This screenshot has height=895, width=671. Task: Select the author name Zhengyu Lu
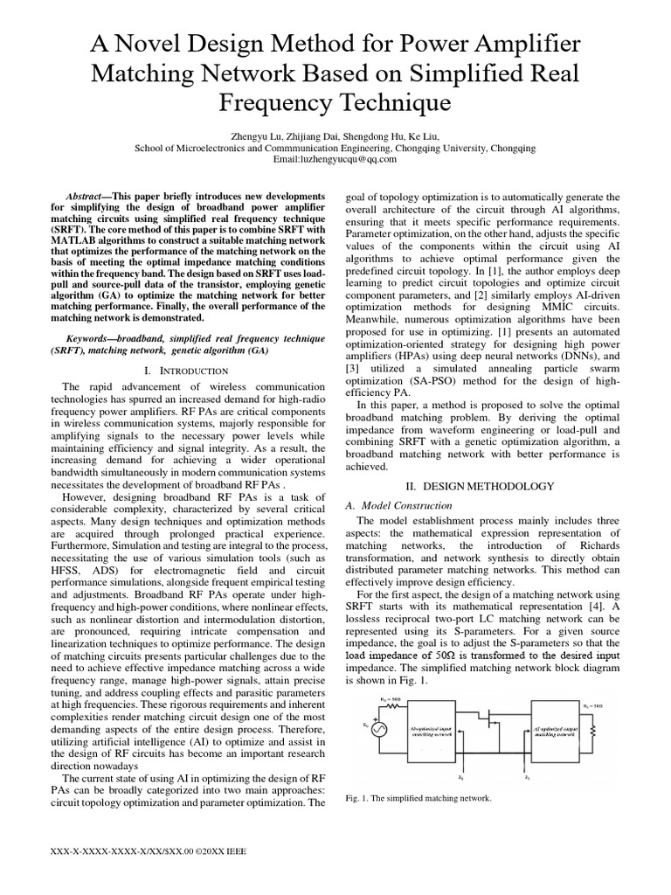258,136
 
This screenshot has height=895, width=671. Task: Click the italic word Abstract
86,197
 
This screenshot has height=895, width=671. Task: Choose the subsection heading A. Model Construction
398,505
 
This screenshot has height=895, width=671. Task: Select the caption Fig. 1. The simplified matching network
419,799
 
